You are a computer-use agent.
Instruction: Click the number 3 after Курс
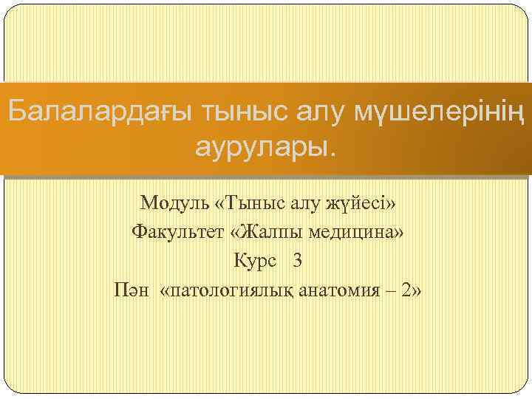point(297,261)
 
